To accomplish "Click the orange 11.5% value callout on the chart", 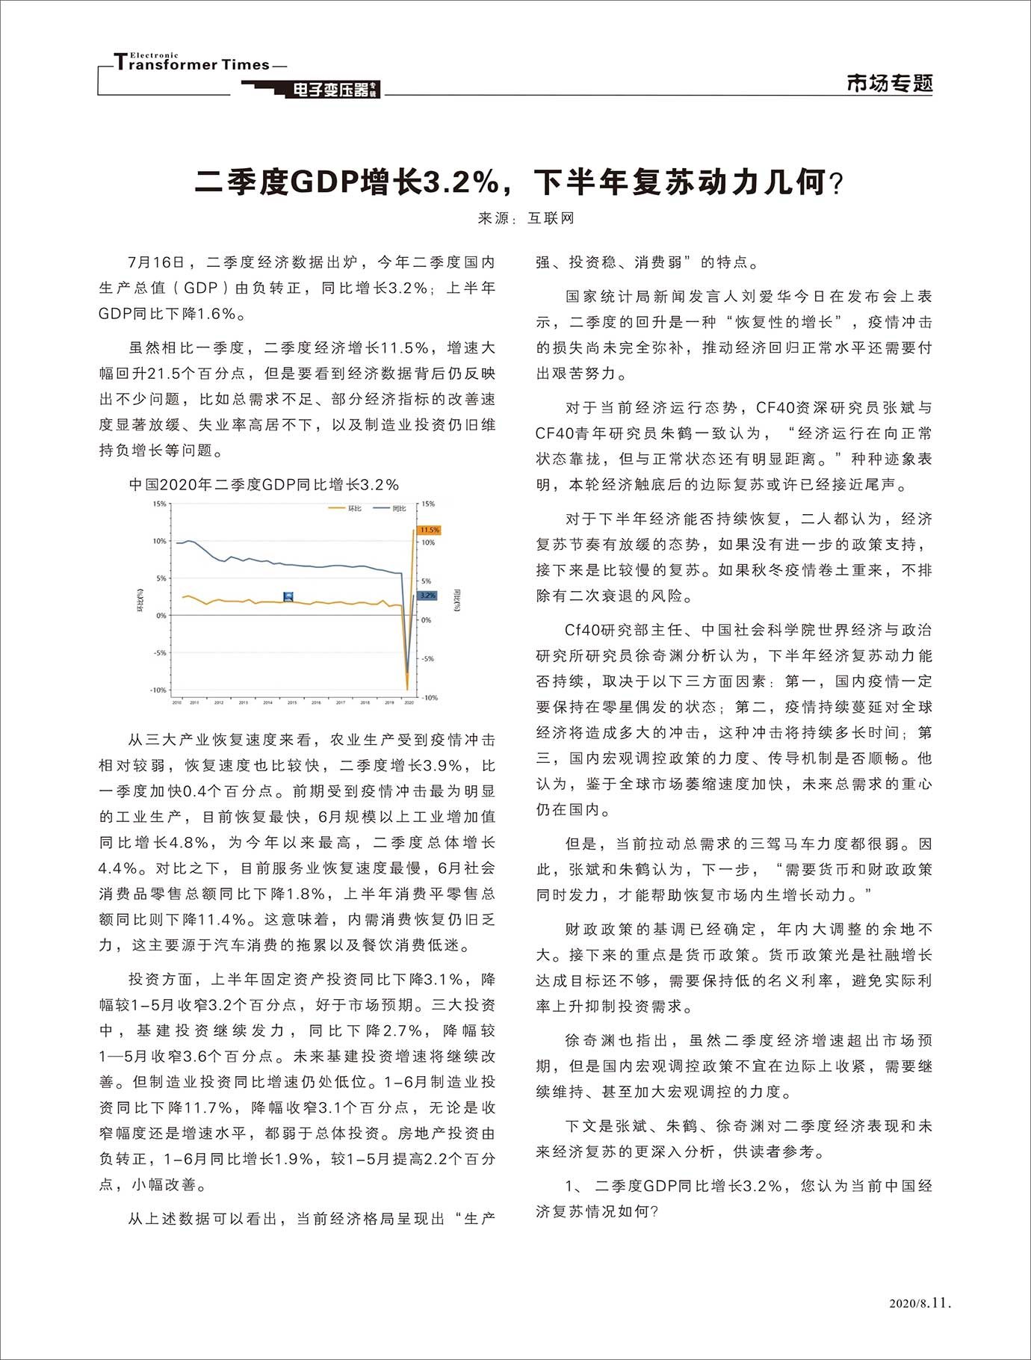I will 429,530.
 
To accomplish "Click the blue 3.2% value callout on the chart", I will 427,596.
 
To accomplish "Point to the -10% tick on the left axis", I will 158,690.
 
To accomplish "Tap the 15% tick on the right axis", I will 428,504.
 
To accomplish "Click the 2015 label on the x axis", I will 292,703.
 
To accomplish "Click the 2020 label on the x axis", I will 408,703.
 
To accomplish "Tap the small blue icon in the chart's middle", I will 289,596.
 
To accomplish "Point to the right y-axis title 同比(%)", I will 456,600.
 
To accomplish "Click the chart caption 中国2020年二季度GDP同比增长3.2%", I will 264,485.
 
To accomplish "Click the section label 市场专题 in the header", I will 889,83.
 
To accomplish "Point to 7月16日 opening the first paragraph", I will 155,262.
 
